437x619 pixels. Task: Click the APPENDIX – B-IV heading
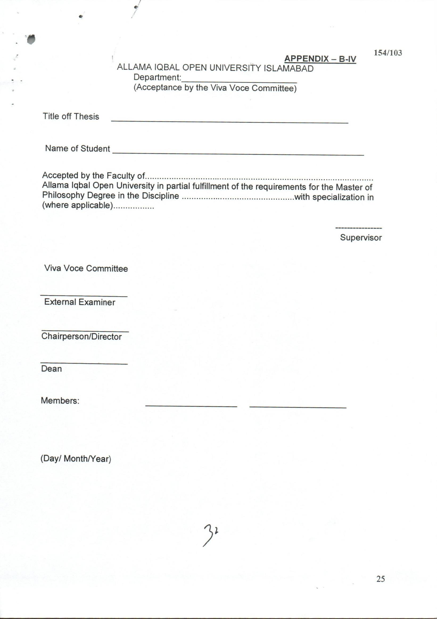320,59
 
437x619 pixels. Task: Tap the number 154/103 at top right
388,52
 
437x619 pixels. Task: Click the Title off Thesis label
71,116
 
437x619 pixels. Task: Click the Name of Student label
77,149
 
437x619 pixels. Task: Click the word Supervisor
361,237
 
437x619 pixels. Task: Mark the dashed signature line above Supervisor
358,228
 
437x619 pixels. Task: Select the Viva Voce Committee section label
86,269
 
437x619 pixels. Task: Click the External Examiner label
80,302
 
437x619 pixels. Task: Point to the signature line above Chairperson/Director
85,331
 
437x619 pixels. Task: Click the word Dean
51,368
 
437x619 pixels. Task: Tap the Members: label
60,401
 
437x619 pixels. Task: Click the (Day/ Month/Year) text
76,458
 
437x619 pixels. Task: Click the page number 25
380,579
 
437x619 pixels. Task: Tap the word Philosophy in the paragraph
63,195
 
